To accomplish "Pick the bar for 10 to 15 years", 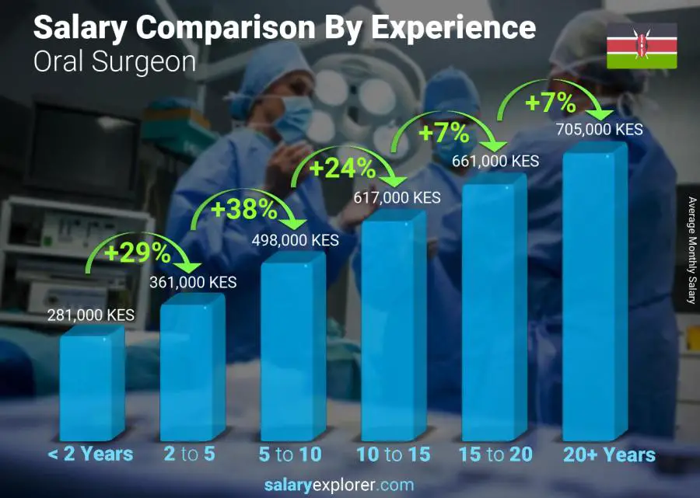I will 394,326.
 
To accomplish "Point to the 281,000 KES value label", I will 92,315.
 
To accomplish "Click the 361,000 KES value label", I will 193,283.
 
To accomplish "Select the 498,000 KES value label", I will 295,241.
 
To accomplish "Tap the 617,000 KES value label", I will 397,197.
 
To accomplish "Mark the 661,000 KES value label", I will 495,161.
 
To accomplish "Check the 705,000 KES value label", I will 600,130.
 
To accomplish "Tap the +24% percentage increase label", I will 342,168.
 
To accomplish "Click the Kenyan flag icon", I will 642,45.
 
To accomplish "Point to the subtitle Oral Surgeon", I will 114,61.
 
